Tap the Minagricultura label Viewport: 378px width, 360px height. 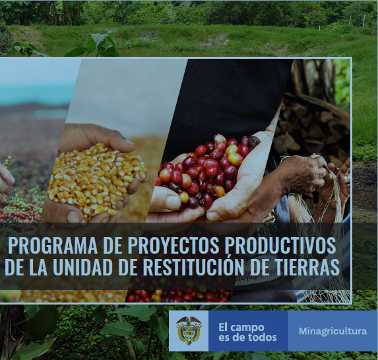(x=332, y=331)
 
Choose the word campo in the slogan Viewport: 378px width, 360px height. (x=249, y=326)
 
